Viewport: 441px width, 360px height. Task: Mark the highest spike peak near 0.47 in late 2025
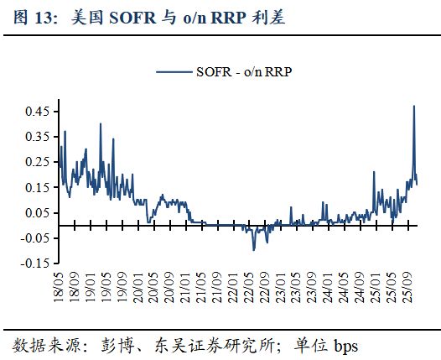click(413, 106)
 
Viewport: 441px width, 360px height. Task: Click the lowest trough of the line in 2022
click(253, 250)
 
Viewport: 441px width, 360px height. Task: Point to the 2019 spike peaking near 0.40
click(101, 124)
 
